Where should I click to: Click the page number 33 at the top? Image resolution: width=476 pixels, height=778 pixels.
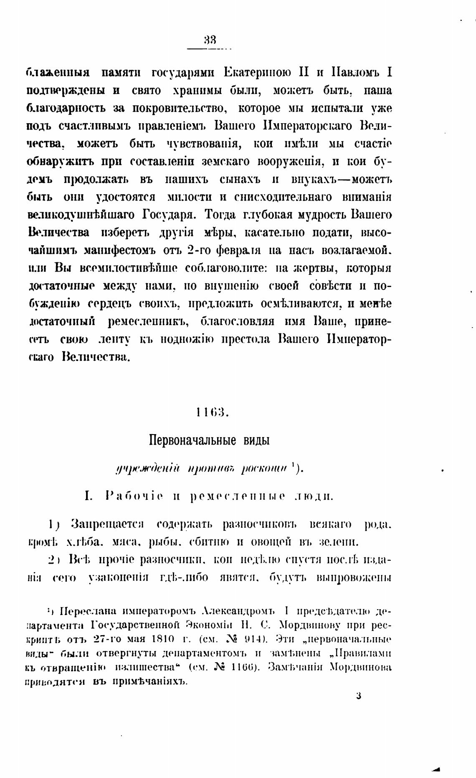210,41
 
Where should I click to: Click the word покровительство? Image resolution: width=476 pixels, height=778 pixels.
180,108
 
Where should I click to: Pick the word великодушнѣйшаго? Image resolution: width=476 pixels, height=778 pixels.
81,215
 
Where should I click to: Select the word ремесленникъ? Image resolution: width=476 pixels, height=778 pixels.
149,322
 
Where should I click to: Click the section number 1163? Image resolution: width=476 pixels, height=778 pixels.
210,413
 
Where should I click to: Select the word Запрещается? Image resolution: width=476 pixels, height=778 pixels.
107,524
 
